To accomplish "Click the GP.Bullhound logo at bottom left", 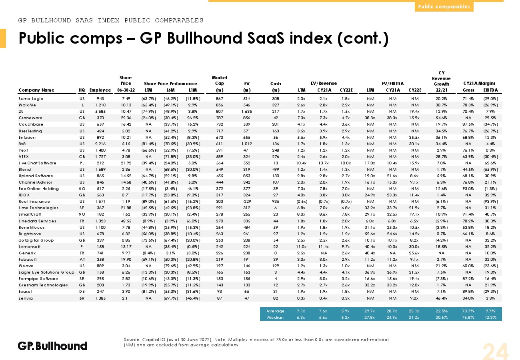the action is coord(52,346).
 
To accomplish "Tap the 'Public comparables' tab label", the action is coord(444,6).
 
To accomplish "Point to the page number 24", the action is coord(495,352).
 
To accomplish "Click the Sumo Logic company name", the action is coord(31,99).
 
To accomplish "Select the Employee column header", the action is coord(100,90).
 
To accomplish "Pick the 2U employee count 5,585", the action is coord(100,112).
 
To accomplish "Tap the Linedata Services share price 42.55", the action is coord(126,221).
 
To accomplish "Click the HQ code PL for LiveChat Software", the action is coord(82,163).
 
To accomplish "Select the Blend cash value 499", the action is coord(275,170).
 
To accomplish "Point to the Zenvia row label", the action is coord(26,298).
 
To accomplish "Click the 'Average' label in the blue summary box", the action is coord(275,311).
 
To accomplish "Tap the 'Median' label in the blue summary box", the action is coord(275,318).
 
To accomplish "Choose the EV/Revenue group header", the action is coord(324,83).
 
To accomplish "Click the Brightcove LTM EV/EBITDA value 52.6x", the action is coord(370,234).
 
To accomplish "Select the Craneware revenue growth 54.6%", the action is coord(441,118).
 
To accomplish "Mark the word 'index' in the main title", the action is coord(311,38).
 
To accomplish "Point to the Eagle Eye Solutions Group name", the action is coord(46,272).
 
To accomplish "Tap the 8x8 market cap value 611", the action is coord(219,144).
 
